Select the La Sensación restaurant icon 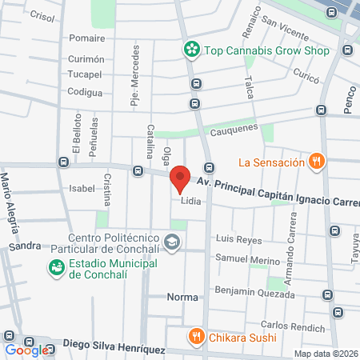point(318,162)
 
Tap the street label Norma point(182,297)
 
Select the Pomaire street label point(86,38)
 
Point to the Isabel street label point(82,189)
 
